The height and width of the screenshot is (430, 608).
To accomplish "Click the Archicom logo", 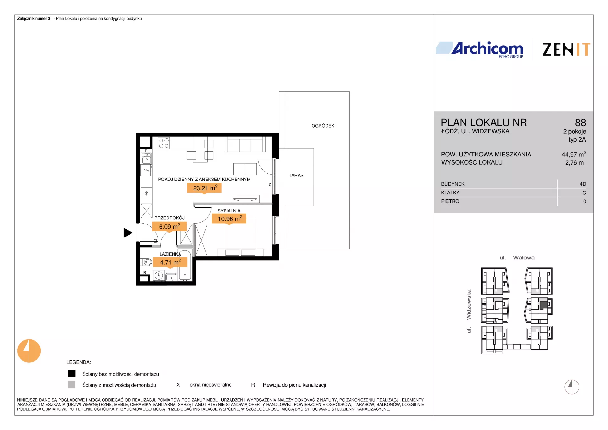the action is (x=480, y=50).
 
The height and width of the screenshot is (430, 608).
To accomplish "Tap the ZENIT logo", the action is (x=566, y=50).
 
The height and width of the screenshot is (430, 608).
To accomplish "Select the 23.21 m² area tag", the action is (x=204, y=188).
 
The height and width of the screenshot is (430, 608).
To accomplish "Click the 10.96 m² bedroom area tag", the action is (x=229, y=219).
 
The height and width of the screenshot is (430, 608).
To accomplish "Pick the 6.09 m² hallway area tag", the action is (x=169, y=227).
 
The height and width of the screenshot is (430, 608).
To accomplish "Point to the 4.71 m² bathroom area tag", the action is (x=170, y=262).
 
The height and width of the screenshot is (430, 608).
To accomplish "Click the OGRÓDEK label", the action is (x=323, y=126).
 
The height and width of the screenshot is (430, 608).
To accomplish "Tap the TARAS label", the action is (x=296, y=175).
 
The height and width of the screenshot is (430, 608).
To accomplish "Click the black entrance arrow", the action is (x=128, y=233).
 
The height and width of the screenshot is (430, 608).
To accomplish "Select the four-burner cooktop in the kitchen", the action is (x=164, y=143).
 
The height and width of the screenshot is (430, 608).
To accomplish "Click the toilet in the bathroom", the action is (x=146, y=262).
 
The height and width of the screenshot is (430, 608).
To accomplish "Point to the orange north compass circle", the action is (x=29, y=351).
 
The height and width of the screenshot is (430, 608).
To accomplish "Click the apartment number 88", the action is (x=580, y=123).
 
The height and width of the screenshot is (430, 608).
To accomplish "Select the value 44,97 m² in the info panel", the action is (x=574, y=154).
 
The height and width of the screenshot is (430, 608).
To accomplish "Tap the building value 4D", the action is (x=583, y=184).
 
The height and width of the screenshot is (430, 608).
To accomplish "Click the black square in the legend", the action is (x=72, y=374).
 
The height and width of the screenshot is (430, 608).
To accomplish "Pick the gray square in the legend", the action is (x=72, y=384).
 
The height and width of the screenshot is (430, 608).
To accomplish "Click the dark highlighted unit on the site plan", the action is (x=543, y=305).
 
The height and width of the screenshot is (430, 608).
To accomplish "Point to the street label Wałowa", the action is (x=523, y=258).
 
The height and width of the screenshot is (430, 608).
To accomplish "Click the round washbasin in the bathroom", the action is (x=159, y=275).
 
